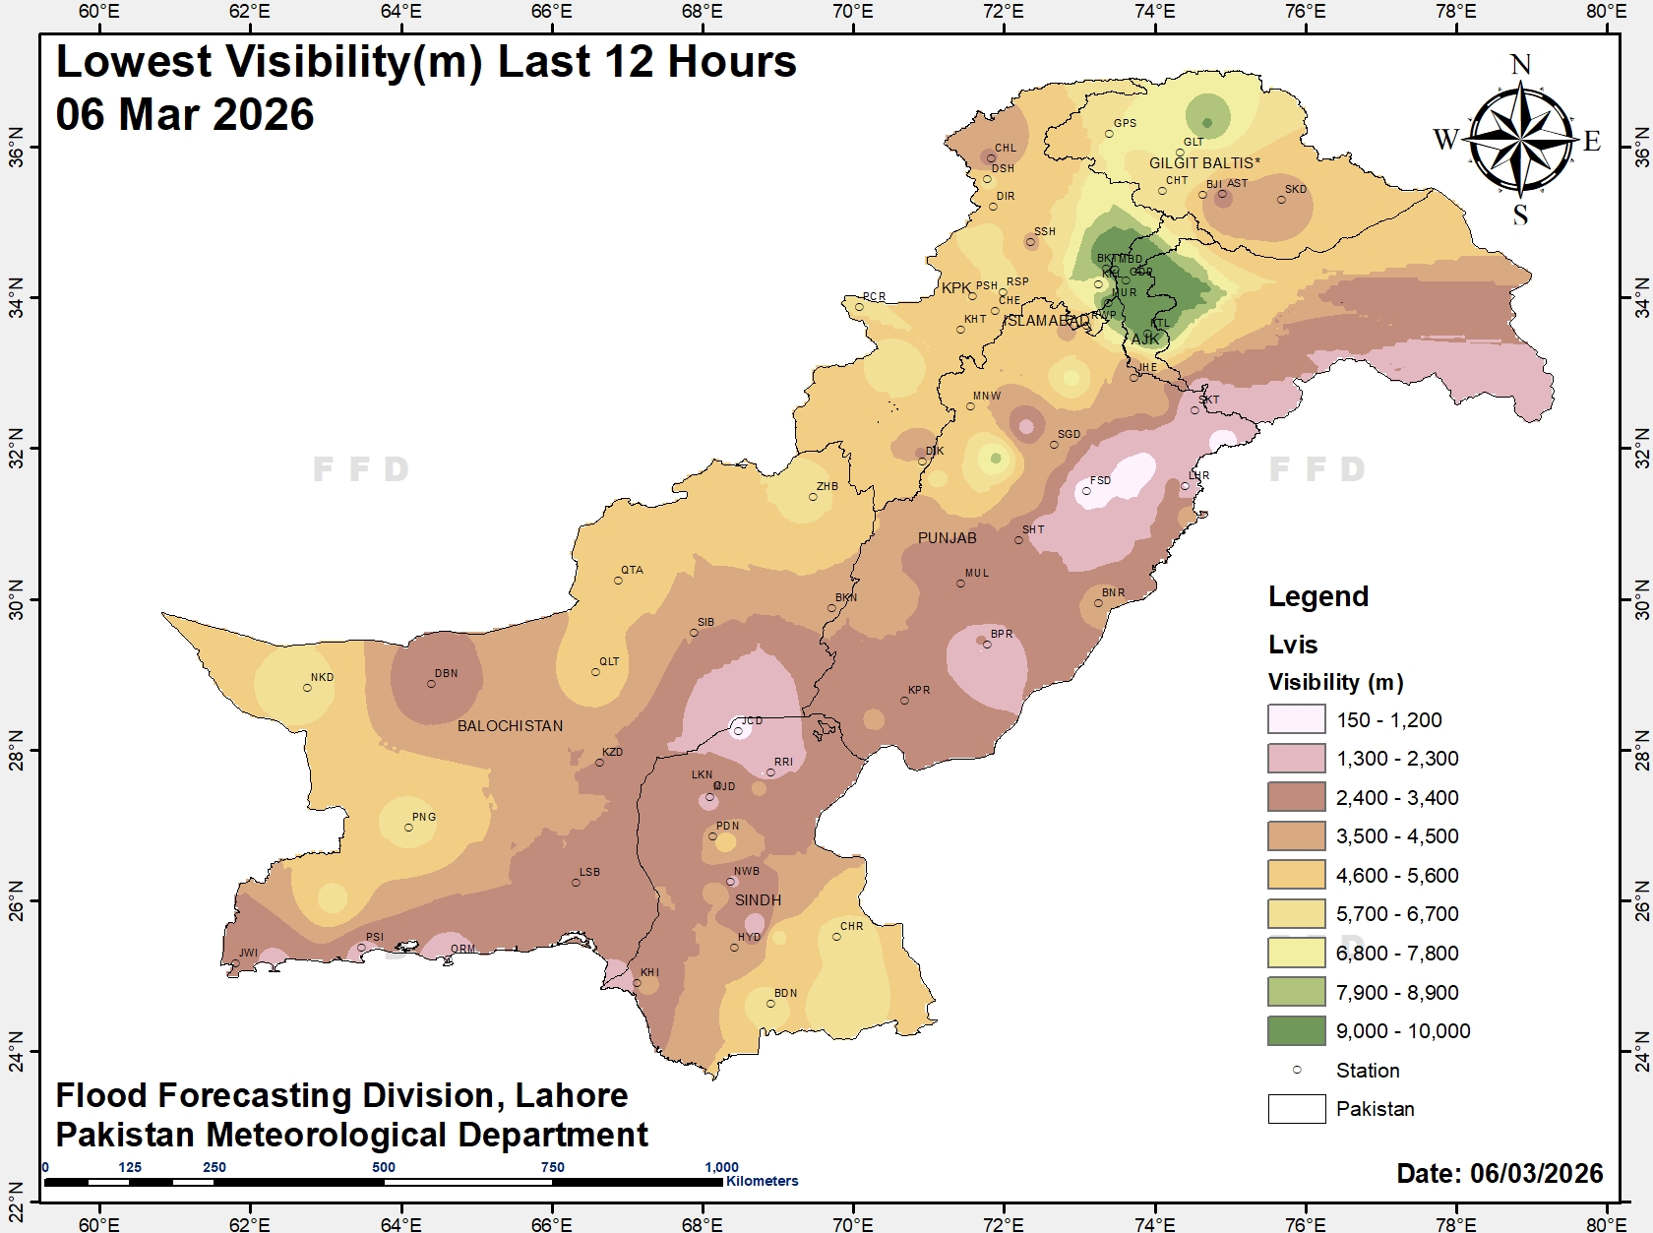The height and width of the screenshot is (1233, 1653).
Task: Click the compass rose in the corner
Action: coord(1521,141)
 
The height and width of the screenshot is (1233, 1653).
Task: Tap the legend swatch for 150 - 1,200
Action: coord(1296,719)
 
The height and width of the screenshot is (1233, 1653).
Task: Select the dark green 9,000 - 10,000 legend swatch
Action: coord(1296,1030)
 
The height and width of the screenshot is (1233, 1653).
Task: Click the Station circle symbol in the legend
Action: coord(1297,1070)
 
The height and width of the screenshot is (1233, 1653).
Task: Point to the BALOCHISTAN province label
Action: coord(510,726)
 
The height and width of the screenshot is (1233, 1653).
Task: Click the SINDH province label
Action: coord(758,900)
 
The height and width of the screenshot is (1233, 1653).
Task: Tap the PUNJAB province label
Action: coord(947,538)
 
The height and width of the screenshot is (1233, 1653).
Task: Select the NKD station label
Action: coord(322,677)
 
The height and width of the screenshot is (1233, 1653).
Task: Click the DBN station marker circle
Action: coord(431,684)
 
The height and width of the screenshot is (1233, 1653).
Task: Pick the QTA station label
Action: coord(632,570)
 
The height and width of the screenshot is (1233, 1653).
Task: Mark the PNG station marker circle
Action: coord(409,828)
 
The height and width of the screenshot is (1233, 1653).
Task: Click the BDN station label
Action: coord(785,993)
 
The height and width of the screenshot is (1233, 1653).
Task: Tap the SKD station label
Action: coord(1296,189)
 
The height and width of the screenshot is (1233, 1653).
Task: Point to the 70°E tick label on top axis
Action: coord(852,12)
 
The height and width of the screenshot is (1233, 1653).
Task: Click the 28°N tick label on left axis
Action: coord(16,750)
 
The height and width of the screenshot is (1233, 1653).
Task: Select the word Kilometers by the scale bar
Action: coord(763,1181)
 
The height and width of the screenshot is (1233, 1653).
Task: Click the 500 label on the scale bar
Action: coord(384,1167)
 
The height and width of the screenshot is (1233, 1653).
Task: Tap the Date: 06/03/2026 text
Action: coord(1500,1173)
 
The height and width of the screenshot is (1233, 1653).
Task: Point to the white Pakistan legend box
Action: coord(1296,1109)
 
